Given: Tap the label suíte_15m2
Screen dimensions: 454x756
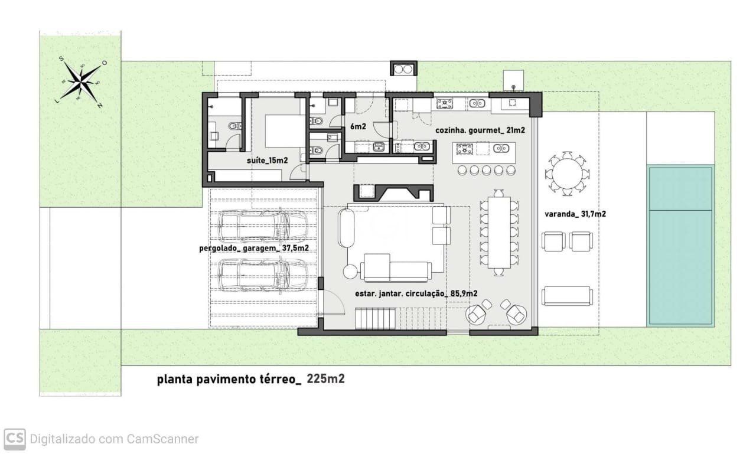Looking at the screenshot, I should coord(266,160).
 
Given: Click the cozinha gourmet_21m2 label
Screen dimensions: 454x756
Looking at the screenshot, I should coord(480,130).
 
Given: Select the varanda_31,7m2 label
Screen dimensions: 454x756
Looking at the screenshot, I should coord(575,214).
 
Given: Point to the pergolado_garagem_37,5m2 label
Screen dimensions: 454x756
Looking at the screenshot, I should coord(254,249).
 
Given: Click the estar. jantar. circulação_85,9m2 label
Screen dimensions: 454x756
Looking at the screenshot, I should coord(416,293).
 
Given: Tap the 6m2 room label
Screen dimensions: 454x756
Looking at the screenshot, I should coord(359,127).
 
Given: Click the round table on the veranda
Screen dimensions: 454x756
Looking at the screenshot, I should coord(567,174).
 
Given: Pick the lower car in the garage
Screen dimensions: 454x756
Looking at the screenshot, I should coord(263,275).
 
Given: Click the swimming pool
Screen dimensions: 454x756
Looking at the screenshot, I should coord(680,246).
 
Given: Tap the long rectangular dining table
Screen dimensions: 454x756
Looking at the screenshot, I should coord(499,231).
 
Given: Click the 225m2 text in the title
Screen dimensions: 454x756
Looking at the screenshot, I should coord(325,379).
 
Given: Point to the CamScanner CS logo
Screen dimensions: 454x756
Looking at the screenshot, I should coord(15,439).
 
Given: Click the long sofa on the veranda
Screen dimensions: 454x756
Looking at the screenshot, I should coord(567,296).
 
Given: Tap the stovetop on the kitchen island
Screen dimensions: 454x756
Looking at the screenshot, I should coord(465,149).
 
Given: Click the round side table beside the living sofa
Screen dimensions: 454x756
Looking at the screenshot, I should coord(351,272).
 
